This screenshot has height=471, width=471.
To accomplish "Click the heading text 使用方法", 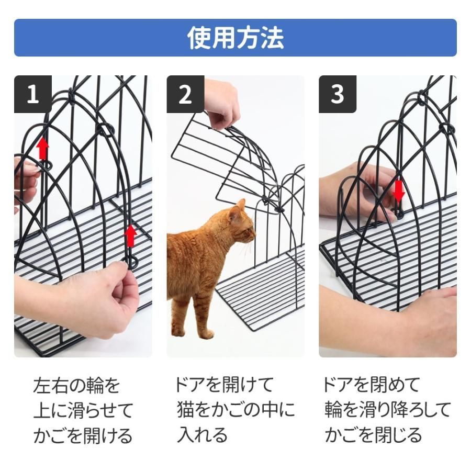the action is (x=235, y=38).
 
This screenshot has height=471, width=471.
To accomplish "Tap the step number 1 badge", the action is (x=33, y=94).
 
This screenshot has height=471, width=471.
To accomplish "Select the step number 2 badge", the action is (x=185, y=94).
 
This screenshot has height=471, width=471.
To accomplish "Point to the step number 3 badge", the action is (x=338, y=94).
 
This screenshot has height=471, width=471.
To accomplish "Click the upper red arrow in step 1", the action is (x=43, y=149).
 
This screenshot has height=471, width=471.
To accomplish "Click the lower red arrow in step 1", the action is (x=131, y=236).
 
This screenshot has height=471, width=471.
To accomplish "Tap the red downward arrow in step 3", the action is (x=399, y=191).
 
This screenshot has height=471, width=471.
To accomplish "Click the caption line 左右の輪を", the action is (x=77, y=386).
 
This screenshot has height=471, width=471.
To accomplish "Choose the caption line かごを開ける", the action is (x=83, y=435).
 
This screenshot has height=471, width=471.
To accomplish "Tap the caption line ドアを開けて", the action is (x=224, y=385).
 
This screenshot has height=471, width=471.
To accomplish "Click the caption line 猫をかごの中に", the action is (x=236, y=410).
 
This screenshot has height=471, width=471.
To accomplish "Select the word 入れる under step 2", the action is (x=202, y=435).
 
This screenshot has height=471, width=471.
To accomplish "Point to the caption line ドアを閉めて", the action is (x=371, y=385).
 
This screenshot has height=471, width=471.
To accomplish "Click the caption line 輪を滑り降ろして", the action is (x=388, y=410).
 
